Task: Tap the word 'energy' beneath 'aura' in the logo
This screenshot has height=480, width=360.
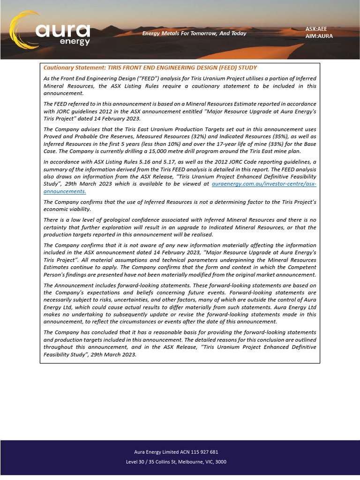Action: pyautogui.click(x=75, y=41)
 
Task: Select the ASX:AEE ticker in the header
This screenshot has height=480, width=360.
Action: pyautogui.click(x=316, y=29)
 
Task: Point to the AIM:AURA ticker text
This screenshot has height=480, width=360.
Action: pyautogui.click(x=319, y=36)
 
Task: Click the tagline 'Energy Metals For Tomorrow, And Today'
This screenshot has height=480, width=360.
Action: pyautogui.click(x=194, y=33)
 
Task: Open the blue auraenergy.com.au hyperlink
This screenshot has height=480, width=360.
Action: pyautogui.click(x=264, y=185)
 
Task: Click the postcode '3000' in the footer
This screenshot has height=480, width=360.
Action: pyautogui.click(x=220, y=462)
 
